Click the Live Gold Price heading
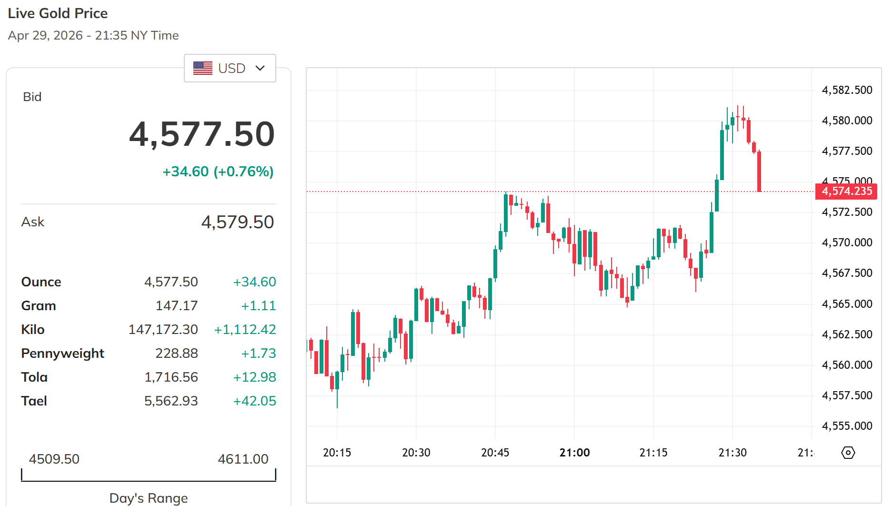click(x=58, y=13)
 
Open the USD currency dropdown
click(x=230, y=68)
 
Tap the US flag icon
click(x=203, y=68)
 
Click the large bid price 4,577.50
click(x=202, y=134)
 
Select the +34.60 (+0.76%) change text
click(x=218, y=172)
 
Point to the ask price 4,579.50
click(x=237, y=222)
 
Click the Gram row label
click(x=39, y=305)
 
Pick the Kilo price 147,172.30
click(x=163, y=329)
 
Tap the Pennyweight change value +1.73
click(x=258, y=353)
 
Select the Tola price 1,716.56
click(x=171, y=377)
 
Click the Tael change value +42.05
click(x=254, y=401)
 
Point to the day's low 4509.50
click(x=54, y=459)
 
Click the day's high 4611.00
click(x=243, y=459)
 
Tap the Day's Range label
click(x=149, y=498)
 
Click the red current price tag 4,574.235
click(x=846, y=191)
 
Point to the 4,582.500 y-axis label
click(x=847, y=90)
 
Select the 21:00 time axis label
click(x=574, y=452)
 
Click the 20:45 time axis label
click(x=495, y=452)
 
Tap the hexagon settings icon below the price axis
click(x=848, y=452)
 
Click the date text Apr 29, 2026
click(x=45, y=35)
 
